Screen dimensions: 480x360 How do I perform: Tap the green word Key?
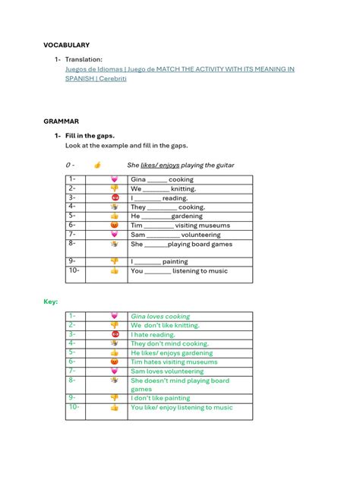tap(51, 302)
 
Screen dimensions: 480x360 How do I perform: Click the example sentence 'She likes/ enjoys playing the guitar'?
tap(181, 165)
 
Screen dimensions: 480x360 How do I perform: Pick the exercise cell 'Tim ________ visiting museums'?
tap(173, 226)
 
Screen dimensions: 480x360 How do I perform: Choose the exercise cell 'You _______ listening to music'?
tap(178, 271)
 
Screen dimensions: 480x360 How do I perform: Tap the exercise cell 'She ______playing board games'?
tap(181, 245)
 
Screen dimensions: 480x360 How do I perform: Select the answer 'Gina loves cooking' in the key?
tap(160, 317)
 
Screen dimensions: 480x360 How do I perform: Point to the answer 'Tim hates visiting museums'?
tap(174, 362)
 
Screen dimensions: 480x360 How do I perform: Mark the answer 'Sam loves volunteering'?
tap(168, 371)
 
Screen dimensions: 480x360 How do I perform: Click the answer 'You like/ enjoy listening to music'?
tap(182, 408)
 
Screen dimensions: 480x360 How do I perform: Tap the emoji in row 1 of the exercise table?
tap(115, 179)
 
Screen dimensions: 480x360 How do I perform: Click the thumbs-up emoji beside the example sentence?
tap(97, 165)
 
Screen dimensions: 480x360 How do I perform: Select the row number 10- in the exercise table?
tap(74, 270)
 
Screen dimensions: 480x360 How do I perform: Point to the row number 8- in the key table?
tap(72, 380)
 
